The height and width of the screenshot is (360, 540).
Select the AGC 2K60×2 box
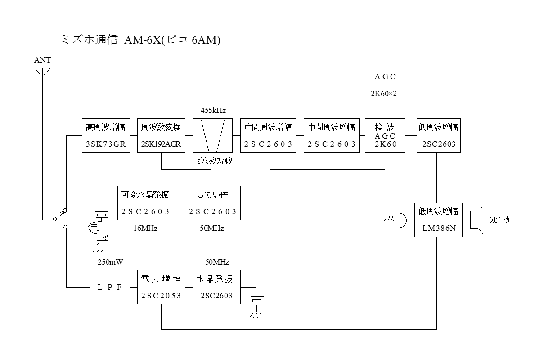(385, 85)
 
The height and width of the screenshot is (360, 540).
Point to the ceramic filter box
(212, 135)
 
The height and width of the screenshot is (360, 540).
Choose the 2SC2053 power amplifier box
(161, 287)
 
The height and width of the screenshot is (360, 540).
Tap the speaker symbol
(479, 220)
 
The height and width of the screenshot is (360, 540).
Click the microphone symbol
(402, 220)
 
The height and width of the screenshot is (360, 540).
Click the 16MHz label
(145, 229)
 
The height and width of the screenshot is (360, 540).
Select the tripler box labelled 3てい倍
(212, 203)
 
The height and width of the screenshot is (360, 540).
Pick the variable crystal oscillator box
(145, 203)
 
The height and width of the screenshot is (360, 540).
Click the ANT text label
(42, 60)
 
